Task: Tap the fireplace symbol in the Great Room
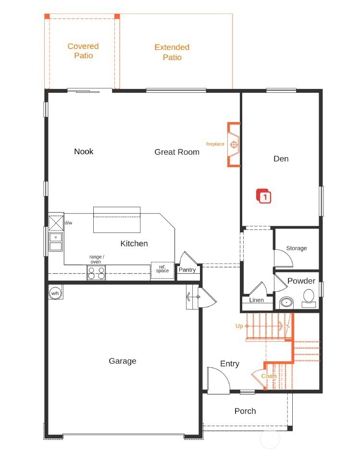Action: (234, 144)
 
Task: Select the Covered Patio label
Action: (83, 51)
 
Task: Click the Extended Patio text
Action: (172, 52)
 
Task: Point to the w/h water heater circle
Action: (55, 293)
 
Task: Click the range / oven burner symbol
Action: (96, 273)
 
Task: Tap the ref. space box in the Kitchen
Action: (162, 269)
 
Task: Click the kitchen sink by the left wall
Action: (56, 242)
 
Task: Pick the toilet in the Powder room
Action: (309, 297)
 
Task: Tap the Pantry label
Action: (187, 270)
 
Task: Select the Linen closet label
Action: (256, 300)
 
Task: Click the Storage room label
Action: (296, 248)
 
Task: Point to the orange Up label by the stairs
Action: (239, 326)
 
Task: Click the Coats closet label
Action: (269, 376)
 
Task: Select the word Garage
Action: (122, 361)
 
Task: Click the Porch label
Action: (245, 411)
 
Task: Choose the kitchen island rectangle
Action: (117, 220)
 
